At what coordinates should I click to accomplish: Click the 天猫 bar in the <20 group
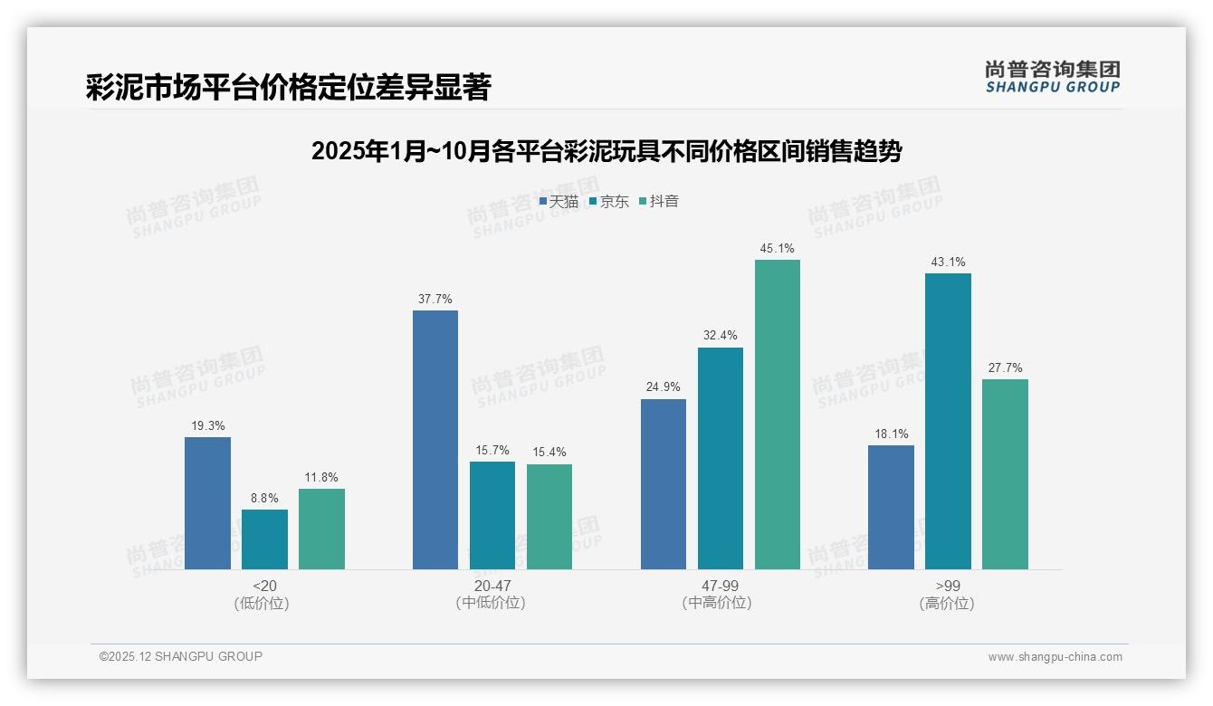tap(207, 503)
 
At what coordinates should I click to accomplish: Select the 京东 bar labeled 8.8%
tap(264, 539)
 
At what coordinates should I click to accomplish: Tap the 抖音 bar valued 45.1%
tap(778, 415)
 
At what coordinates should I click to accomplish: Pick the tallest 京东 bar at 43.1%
tap(948, 421)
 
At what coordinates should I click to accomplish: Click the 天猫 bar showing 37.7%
tap(435, 440)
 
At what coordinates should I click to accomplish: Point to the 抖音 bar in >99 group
tap(1005, 474)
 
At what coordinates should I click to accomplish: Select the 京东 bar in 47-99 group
tap(721, 458)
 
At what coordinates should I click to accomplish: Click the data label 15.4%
tap(549, 453)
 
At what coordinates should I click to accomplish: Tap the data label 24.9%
tap(664, 387)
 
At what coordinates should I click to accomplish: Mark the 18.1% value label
tap(891, 434)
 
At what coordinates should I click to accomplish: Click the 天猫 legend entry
tap(559, 201)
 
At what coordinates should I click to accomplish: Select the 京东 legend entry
tap(608, 201)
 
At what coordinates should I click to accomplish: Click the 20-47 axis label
tap(492, 586)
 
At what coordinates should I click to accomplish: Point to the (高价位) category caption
tap(947, 603)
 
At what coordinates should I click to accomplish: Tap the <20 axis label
tap(264, 586)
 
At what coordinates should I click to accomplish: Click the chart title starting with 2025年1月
tap(606, 151)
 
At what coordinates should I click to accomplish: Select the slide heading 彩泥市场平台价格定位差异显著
tap(288, 88)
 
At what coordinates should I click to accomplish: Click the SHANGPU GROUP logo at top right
tap(1052, 77)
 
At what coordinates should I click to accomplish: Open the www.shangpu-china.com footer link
tap(1055, 657)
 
